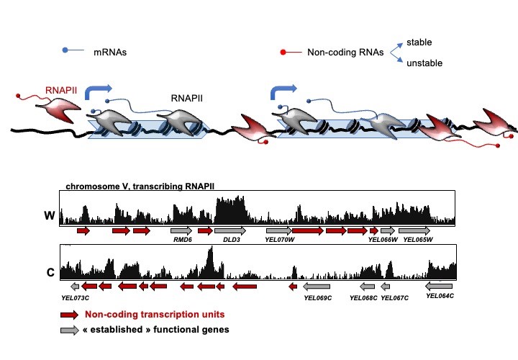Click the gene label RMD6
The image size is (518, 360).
click(x=183, y=240)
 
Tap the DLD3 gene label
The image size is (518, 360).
click(x=232, y=240)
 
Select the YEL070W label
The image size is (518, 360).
click(x=279, y=240)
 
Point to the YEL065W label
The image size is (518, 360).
click(x=418, y=240)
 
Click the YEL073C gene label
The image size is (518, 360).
click(x=75, y=298)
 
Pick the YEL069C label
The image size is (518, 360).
click(x=318, y=298)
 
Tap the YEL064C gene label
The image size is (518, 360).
click(x=440, y=296)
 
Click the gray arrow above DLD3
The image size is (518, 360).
click(x=230, y=230)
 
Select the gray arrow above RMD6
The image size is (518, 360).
click(x=181, y=230)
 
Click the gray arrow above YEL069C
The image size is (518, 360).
click(x=317, y=287)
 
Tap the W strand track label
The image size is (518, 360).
click(x=50, y=215)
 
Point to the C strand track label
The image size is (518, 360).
click(x=50, y=272)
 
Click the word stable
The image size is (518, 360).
click(x=419, y=42)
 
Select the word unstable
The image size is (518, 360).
click(x=424, y=63)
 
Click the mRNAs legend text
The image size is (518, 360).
click(x=110, y=53)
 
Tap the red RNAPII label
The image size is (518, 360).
click(x=61, y=90)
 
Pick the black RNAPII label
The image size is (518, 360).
click(x=186, y=98)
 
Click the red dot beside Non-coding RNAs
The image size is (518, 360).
click(x=283, y=53)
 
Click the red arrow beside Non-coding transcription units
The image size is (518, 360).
click(x=69, y=315)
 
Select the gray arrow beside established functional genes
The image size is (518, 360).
click(x=69, y=330)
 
